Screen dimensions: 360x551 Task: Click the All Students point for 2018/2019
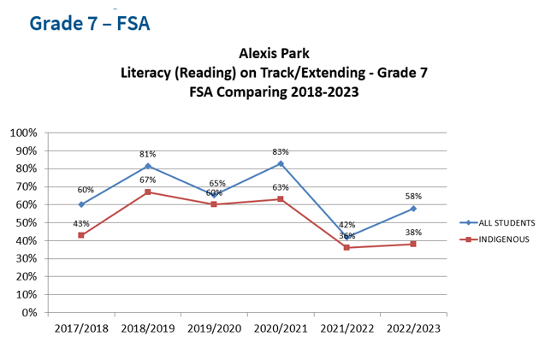147,166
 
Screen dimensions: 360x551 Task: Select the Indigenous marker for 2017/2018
81,235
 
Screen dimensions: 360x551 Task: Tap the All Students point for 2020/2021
281,163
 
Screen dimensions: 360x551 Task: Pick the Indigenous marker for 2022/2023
413,244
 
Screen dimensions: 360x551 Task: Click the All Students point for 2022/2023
413,208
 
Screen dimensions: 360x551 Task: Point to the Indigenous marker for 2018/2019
147,192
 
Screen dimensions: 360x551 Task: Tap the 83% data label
281,151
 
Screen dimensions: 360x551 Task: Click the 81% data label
147,154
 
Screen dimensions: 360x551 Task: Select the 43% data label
81,223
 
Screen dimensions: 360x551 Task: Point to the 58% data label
413,196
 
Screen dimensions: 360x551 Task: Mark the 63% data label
281,187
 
